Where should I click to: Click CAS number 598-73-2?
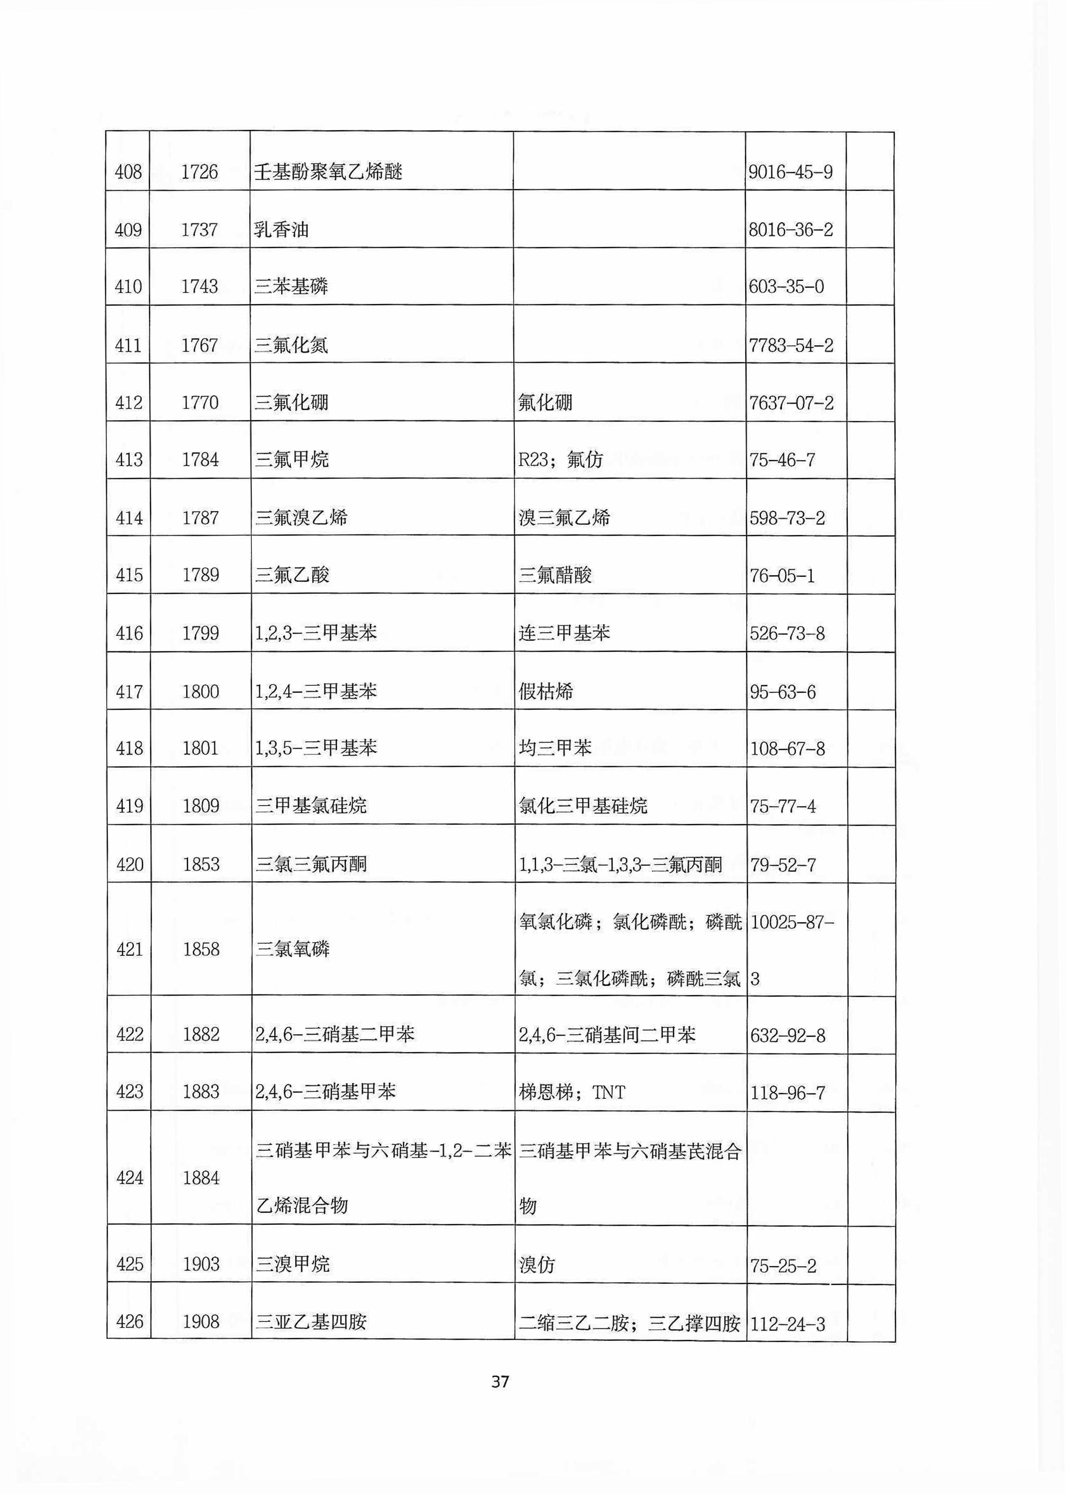[787, 518]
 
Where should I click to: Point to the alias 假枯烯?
[545, 691]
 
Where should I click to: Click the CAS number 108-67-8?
[787, 749]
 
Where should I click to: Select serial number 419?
[129, 806]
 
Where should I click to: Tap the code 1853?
[201, 864]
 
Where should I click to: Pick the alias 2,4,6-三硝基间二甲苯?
[607, 1035]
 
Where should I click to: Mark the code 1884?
[201, 1178]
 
